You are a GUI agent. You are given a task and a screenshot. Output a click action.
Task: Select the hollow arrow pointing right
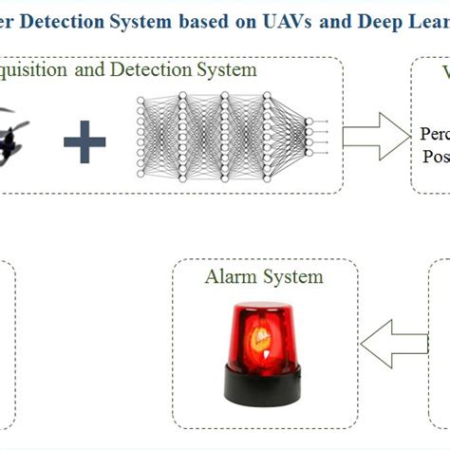[x=371, y=136]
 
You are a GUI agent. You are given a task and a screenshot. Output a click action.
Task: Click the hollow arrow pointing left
[x=392, y=343]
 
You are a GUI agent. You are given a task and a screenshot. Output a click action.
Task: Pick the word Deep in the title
[x=363, y=21]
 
